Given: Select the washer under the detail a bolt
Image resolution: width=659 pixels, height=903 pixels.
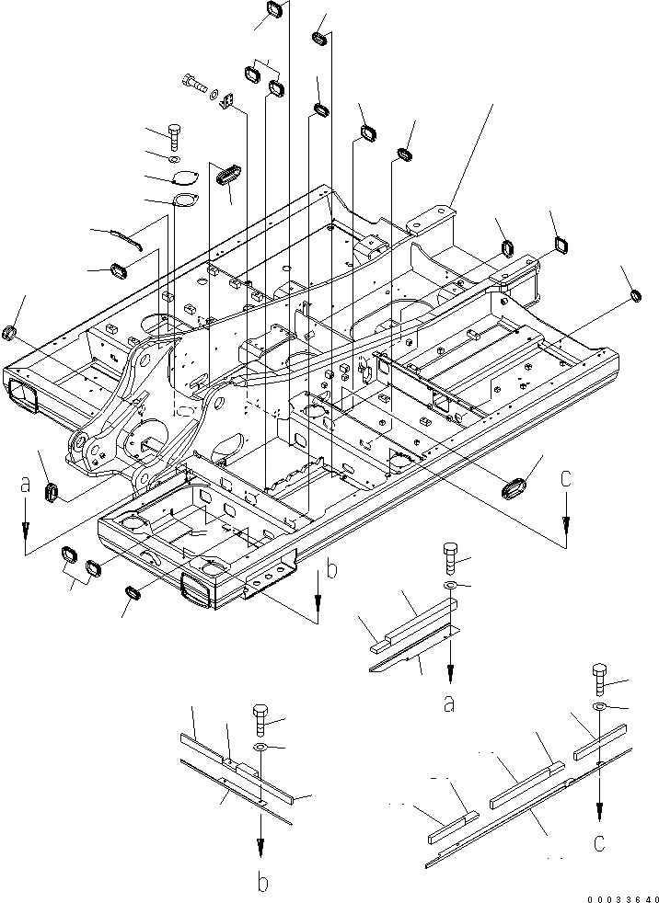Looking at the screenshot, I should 450,586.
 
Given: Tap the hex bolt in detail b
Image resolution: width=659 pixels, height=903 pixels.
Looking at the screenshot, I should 259,718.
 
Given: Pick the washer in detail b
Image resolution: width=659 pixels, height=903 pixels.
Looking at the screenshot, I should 259,747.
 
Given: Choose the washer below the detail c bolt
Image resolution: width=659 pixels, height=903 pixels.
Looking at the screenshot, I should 599,706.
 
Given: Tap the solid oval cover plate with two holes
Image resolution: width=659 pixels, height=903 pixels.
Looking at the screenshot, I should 186,179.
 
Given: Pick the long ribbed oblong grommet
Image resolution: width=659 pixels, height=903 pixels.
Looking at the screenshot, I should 227,173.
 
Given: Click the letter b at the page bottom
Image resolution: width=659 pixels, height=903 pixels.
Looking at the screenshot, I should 262,884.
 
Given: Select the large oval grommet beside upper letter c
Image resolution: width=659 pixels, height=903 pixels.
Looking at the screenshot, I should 516,487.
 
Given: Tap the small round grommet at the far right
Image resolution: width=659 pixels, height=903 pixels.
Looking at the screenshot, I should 635,295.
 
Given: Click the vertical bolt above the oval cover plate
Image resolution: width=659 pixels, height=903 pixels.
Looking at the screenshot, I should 175,135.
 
